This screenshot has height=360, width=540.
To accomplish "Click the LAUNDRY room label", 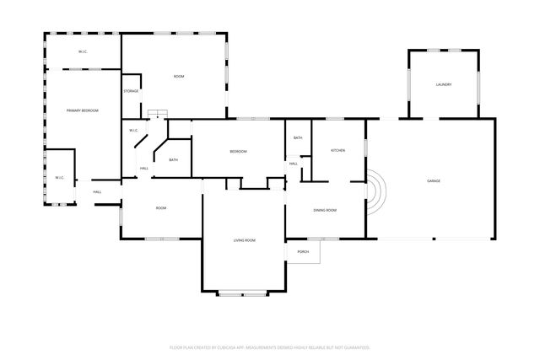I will click(444, 85).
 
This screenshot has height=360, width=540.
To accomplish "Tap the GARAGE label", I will click(434, 181).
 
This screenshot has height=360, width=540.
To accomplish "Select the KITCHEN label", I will click(337, 150).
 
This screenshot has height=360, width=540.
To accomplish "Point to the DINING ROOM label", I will click(325, 210).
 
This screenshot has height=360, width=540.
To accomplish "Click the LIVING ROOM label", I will click(245, 241).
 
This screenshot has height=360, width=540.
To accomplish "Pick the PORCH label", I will click(303, 252).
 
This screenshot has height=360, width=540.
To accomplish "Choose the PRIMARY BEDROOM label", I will click(84, 111).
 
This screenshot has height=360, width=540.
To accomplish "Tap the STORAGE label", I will click(131, 91).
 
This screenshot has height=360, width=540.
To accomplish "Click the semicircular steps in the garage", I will click(375, 193).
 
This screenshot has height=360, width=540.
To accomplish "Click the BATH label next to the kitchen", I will click(298, 137).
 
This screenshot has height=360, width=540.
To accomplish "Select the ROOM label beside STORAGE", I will click(179, 77).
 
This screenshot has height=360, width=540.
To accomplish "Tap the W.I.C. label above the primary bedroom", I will click(83, 52).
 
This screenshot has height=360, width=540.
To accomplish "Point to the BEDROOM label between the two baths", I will click(239, 152).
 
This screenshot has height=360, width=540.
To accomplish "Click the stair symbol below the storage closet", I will click(157, 115).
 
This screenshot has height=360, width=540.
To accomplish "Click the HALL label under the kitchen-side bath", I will click(294, 164).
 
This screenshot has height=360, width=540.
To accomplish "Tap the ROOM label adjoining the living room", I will click(160, 208).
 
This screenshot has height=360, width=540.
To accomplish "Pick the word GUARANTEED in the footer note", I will click(354, 347).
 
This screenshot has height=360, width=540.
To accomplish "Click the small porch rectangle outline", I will click(304, 251).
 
